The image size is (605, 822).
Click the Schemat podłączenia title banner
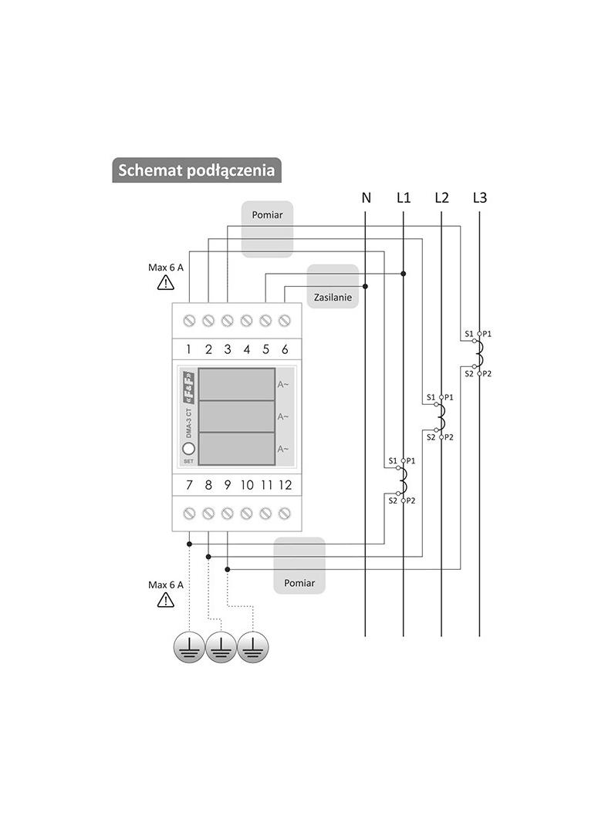pyautogui.click(x=197, y=170)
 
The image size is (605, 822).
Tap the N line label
pyautogui.click(x=367, y=197)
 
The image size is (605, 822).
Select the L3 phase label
pyautogui.click(x=479, y=197)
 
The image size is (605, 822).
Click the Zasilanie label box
pyautogui.click(x=333, y=286)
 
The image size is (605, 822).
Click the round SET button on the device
pyautogui.click(x=188, y=449)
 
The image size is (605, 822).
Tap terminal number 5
pyautogui.click(x=265, y=349)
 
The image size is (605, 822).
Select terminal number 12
pyautogui.click(x=285, y=485)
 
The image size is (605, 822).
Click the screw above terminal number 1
pyautogui.click(x=189, y=320)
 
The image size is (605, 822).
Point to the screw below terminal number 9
pyautogui.click(x=227, y=514)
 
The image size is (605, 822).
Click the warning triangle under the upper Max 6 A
pyautogui.click(x=166, y=283)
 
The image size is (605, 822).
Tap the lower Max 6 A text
pyautogui.click(x=166, y=584)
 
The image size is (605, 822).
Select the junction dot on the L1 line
pyautogui.click(x=403, y=274)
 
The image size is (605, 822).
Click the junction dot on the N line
pyautogui.click(x=365, y=286)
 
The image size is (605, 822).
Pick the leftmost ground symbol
pyautogui.click(x=189, y=648)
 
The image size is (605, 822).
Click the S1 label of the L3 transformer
pyautogui.click(x=469, y=334)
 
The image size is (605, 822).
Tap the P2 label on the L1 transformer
pyautogui.click(x=411, y=500)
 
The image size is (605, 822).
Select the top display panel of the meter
pyautogui.click(x=237, y=384)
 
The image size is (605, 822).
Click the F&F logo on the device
pyautogui.click(x=188, y=388)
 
